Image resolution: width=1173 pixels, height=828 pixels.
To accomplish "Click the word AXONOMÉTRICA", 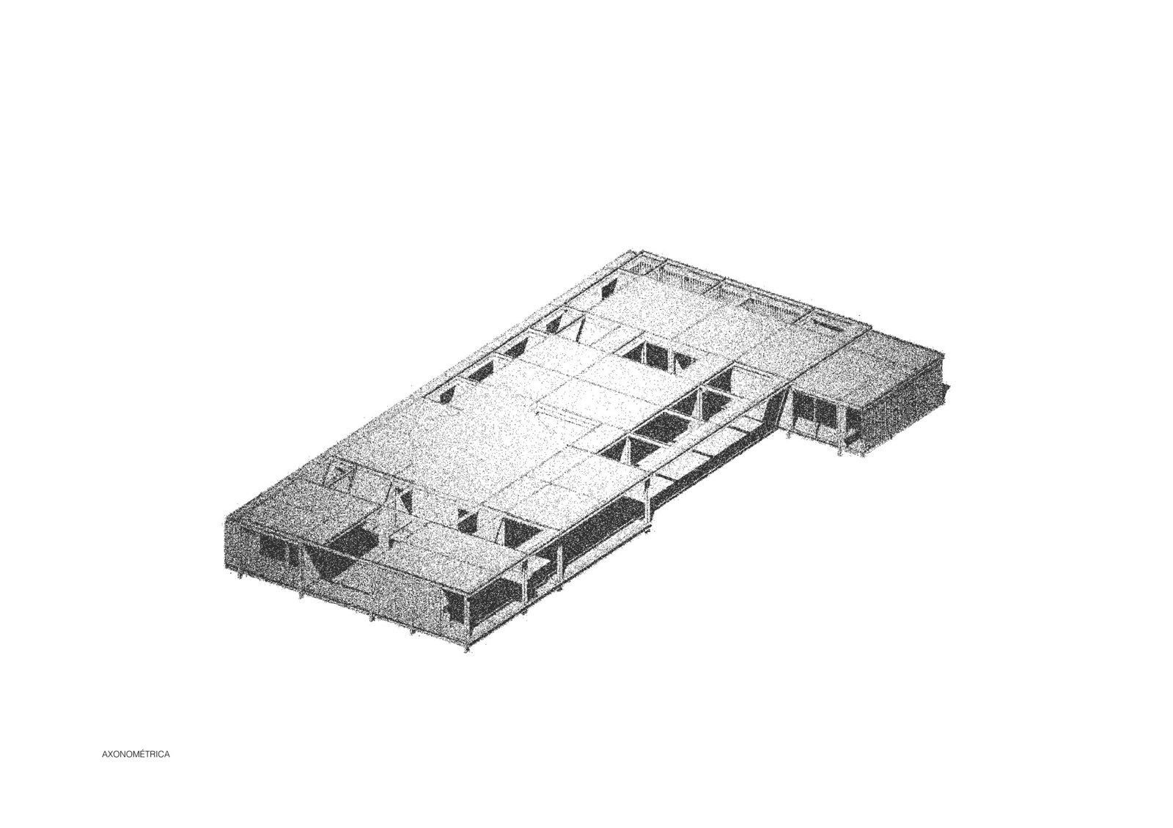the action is point(136,755).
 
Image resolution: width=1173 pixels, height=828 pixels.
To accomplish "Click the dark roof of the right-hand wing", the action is point(869,366).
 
